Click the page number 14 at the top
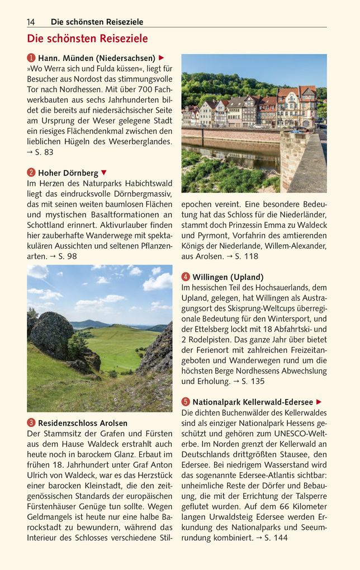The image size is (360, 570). (31, 22)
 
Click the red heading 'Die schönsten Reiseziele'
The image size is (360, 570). (88, 39)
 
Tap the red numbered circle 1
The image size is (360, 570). (31, 58)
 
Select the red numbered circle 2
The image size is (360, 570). (31, 173)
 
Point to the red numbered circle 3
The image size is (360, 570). (31, 423)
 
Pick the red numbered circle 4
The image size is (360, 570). (186, 277)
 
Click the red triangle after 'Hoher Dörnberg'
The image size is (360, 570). (103, 173)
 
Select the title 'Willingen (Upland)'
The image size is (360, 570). (228, 277)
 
